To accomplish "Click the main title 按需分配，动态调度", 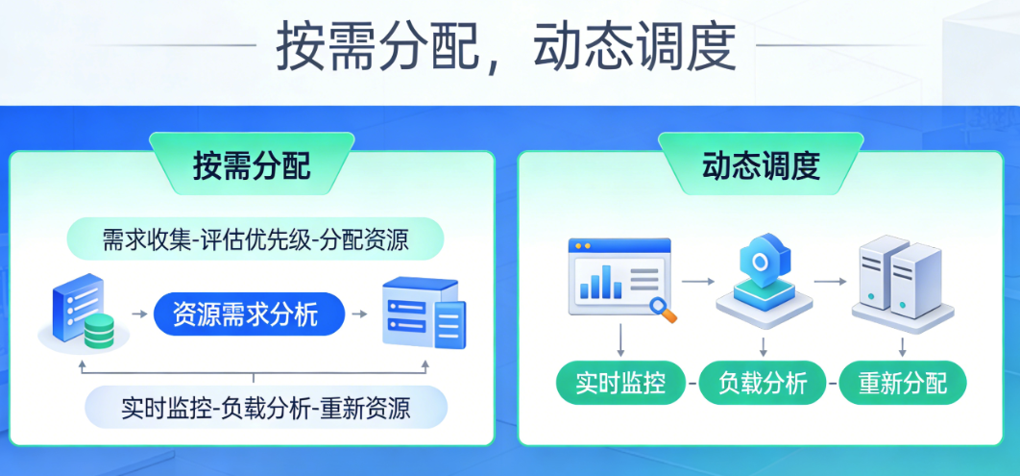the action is click(506, 47).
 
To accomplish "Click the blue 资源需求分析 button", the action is click(249, 314).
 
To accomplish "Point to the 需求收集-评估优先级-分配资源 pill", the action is click(255, 239).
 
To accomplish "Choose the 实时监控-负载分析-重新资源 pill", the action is click(266, 407).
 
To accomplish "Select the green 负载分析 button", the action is click(763, 382).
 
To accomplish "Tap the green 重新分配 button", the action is click(903, 382).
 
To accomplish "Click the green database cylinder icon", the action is click(99, 330).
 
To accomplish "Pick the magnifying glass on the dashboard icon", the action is click(664, 309).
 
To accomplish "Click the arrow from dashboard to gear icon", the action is click(698, 282).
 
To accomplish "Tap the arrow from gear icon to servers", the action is click(831, 282).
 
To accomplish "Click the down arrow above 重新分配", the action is click(903, 346).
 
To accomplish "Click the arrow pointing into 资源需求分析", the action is click(139, 314).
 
